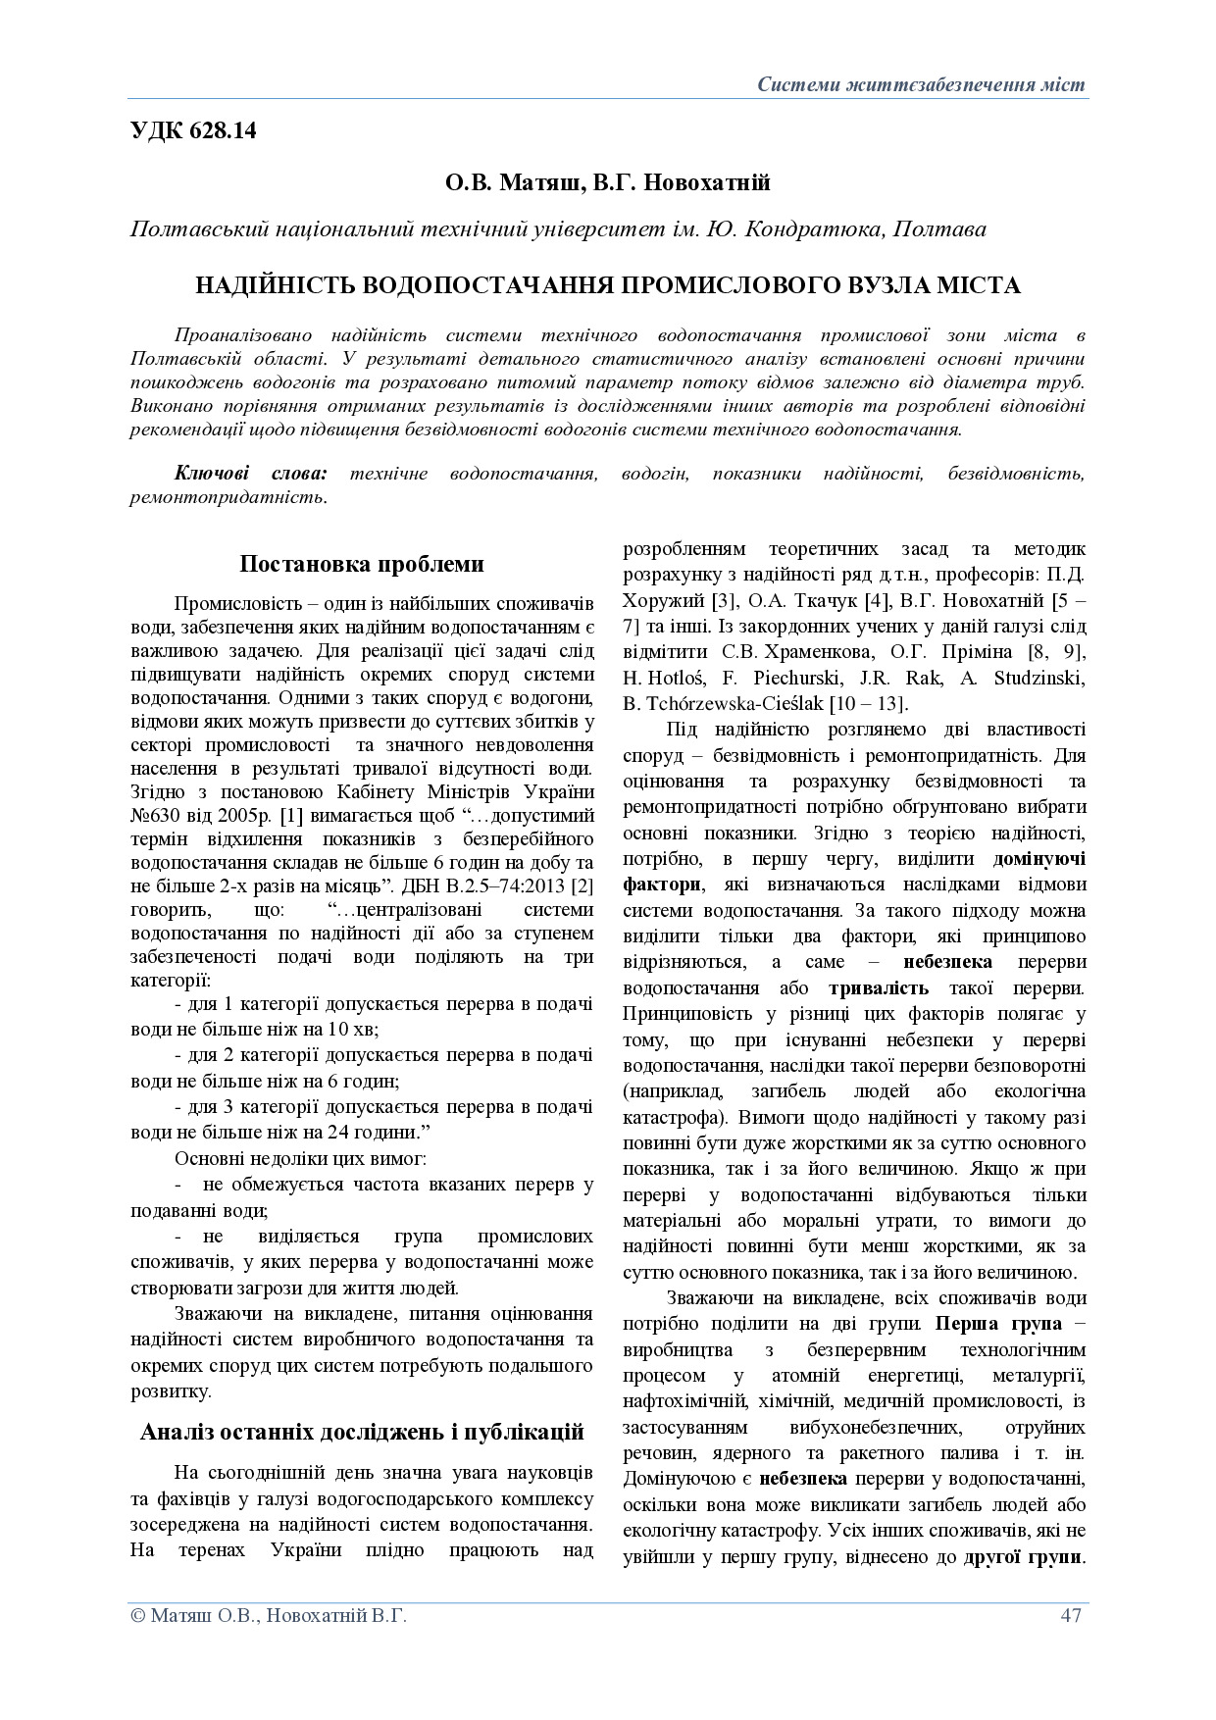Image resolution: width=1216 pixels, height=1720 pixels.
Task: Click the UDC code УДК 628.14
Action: click(193, 130)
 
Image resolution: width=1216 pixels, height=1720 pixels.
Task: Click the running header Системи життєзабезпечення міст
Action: click(921, 84)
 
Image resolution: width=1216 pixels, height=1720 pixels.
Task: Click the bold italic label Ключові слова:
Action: click(251, 474)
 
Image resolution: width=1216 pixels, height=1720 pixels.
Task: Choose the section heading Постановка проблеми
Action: click(362, 564)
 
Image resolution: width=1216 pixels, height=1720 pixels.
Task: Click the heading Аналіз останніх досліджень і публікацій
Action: click(362, 1432)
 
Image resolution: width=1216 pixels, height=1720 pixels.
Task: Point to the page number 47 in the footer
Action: click(1070, 1615)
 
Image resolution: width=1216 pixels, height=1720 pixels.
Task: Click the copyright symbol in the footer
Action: click(137, 1616)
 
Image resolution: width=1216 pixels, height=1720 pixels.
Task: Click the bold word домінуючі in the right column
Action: click(1039, 859)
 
